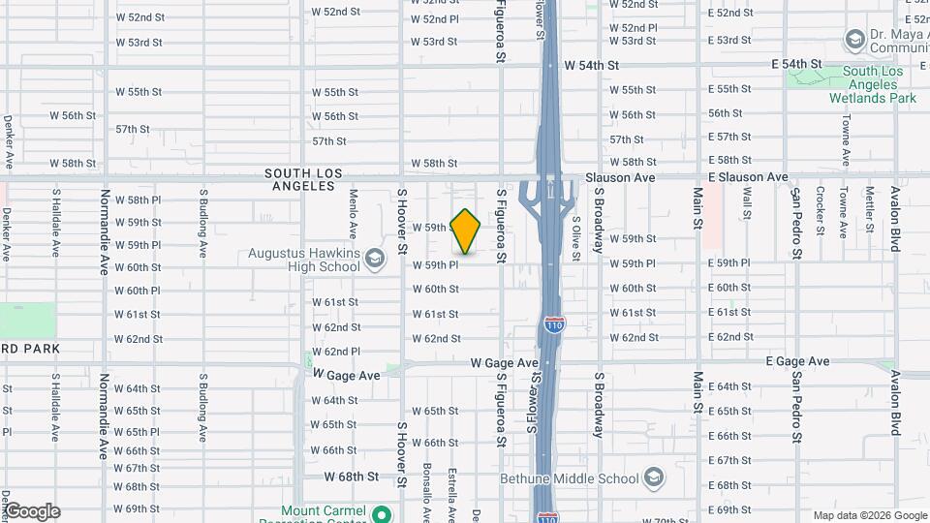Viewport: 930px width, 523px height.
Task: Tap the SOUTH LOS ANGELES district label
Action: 303,179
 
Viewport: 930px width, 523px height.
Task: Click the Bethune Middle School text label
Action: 570,478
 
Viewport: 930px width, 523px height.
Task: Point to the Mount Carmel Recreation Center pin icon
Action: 382,513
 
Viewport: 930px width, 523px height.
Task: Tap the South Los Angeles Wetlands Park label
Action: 879,84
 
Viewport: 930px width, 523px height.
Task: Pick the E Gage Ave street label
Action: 796,361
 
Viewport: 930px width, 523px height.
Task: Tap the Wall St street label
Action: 747,203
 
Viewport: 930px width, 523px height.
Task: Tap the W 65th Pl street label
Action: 137,432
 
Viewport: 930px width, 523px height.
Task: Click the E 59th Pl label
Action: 728,263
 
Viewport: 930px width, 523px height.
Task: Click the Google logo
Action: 31,511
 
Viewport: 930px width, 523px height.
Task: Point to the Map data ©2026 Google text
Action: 868,515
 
